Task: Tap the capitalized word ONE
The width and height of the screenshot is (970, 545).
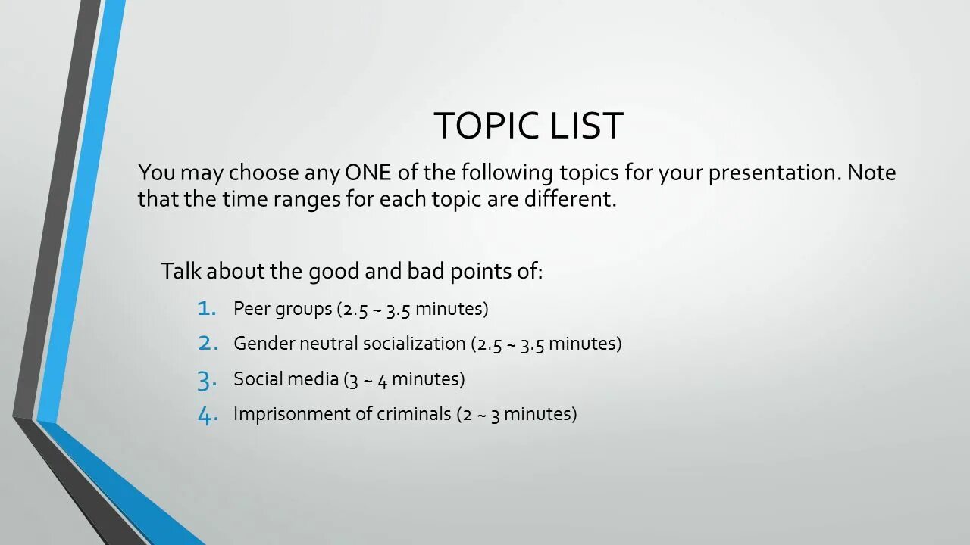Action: coord(368,173)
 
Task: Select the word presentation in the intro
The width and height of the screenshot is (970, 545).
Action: coord(774,173)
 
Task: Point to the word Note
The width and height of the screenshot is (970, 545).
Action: coord(871,173)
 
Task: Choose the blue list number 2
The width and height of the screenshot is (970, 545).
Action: coord(208,343)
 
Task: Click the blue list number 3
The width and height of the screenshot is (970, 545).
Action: coord(208,379)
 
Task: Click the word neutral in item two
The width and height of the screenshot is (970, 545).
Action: coord(329,344)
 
